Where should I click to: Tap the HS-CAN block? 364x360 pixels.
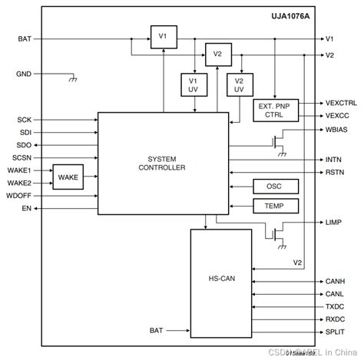click(x=220, y=282)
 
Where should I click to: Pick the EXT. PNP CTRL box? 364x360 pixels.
click(x=275, y=109)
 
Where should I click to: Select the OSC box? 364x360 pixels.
click(x=274, y=187)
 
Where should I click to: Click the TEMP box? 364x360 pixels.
click(x=274, y=206)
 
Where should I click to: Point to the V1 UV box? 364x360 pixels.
click(x=192, y=85)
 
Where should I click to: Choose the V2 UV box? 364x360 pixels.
click(x=239, y=85)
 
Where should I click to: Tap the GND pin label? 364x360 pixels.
click(x=24, y=74)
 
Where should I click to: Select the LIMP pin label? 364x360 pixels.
click(x=333, y=222)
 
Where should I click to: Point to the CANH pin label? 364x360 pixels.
click(x=335, y=280)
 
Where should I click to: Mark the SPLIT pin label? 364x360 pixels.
click(x=335, y=332)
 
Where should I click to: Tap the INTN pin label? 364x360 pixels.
click(x=333, y=159)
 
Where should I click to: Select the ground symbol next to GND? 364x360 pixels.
click(x=71, y=78)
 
